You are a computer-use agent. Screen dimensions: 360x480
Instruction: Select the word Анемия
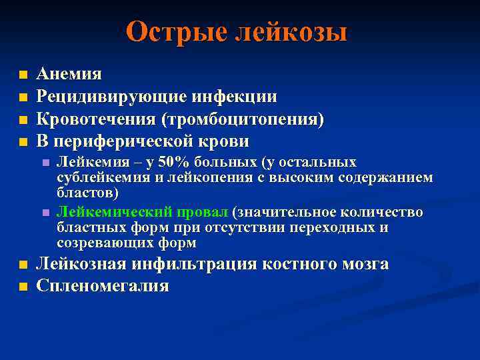(x=69, y=73)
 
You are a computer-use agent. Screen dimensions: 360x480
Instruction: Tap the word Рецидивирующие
(x=112, y=97)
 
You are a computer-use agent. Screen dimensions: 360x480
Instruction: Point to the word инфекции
(x=235, y=97)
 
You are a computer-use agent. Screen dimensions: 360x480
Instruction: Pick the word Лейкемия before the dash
(x=89, y=163)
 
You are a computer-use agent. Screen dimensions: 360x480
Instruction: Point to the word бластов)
(x=88, y=193)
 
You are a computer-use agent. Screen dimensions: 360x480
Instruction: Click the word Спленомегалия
(x=103, y=287)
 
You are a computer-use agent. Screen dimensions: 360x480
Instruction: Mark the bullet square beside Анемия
(x=23, y=74)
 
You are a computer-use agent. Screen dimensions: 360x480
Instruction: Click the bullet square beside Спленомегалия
(x=23, y=287)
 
